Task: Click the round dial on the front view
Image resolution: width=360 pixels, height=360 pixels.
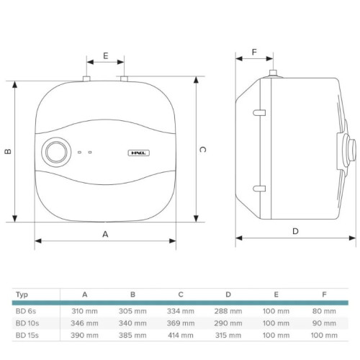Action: click(56, 152)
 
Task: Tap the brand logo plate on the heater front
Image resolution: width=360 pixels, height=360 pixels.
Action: click(139, 153)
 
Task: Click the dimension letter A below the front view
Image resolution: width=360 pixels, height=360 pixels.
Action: click(105, 234)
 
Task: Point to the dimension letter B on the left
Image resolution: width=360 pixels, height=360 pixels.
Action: click(8, 151)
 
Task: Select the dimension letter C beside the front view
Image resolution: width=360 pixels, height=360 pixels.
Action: click(202, 150)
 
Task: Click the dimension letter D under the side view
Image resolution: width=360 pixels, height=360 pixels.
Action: click(295, 231)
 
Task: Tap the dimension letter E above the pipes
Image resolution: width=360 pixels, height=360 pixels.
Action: click(106, 55)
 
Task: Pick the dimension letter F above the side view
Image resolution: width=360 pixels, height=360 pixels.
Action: click(254, 52)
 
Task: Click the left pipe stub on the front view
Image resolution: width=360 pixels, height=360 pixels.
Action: click(86, 78)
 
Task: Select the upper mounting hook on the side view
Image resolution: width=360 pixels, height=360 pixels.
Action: click(259, 112)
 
